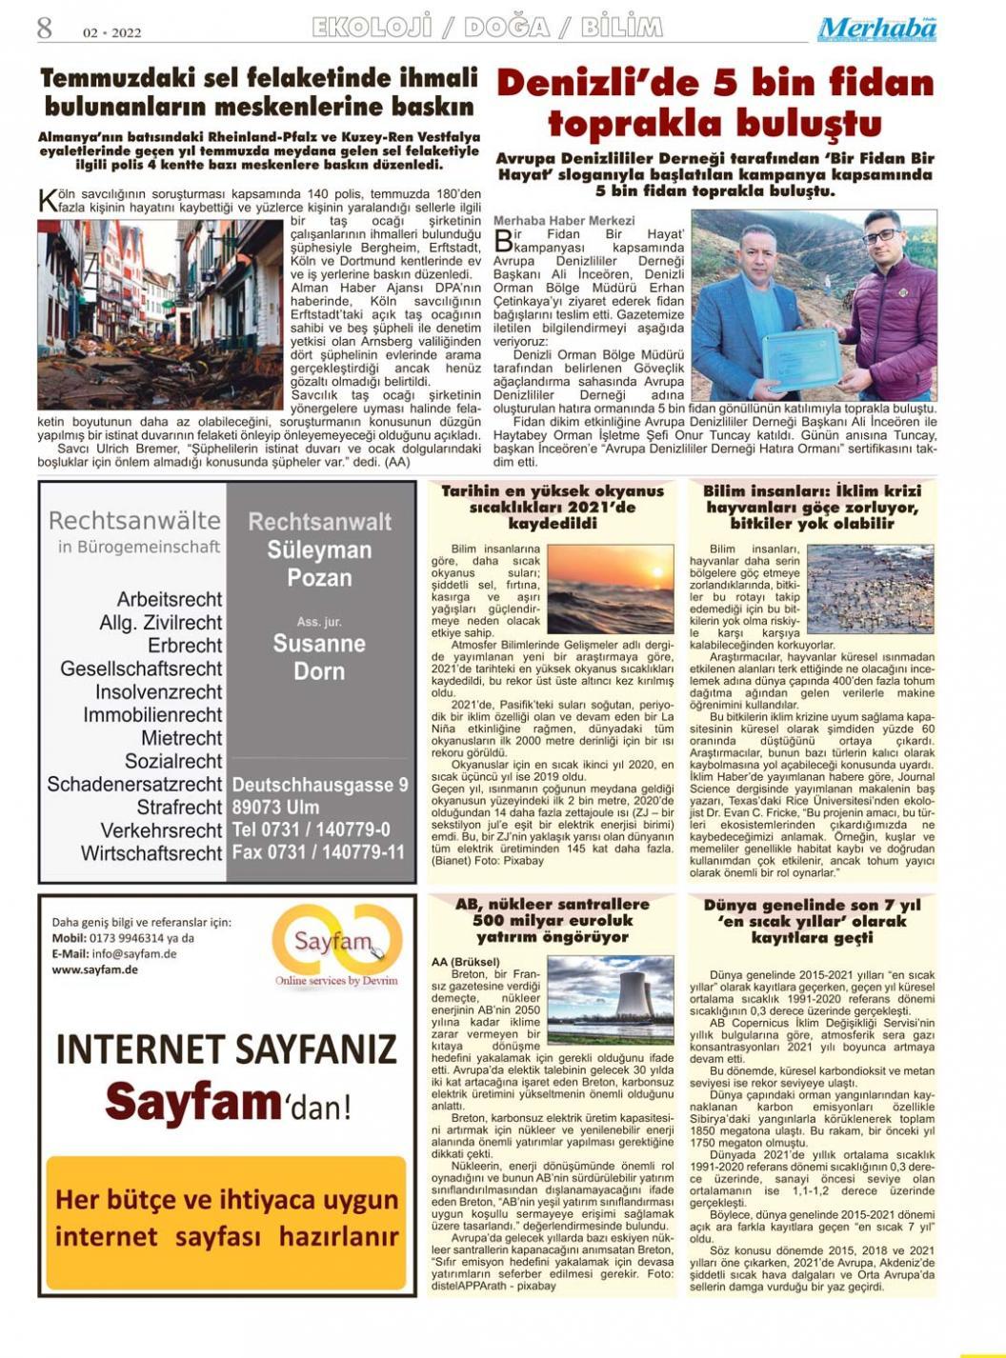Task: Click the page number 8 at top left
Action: coord(45,28)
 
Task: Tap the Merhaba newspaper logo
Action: coord(876,30)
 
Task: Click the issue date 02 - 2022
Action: coord(111,32)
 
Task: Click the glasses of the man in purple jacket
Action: coord(882,234)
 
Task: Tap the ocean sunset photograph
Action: coord(610,589)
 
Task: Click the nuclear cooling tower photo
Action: coord(610,1001)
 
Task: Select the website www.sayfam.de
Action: coord(95,969)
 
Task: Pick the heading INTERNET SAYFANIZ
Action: coord(226,1048)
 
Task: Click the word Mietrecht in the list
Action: coord(181,738)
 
